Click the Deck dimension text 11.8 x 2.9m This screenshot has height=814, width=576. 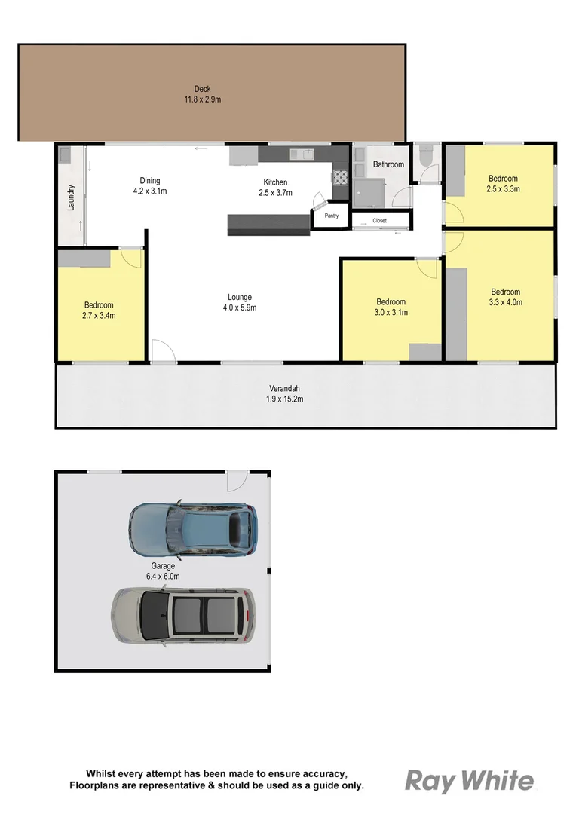201,99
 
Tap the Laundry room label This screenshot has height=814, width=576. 72,197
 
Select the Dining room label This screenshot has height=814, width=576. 150,181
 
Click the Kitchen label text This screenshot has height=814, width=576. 275,182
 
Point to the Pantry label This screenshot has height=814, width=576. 331,216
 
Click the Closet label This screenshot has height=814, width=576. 379,221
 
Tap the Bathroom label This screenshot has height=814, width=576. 388,164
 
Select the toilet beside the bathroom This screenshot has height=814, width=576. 426,159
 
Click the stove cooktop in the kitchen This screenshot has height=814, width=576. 340,178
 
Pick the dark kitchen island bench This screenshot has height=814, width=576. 268,224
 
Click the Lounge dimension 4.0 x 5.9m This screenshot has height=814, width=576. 240,308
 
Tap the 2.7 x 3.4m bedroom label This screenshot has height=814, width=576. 100,316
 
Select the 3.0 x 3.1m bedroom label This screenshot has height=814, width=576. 391,312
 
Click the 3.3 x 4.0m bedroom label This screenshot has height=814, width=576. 506,302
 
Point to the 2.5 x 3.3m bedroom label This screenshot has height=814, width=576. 503,189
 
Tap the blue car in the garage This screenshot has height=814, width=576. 193,525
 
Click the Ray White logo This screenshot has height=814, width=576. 470,781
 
